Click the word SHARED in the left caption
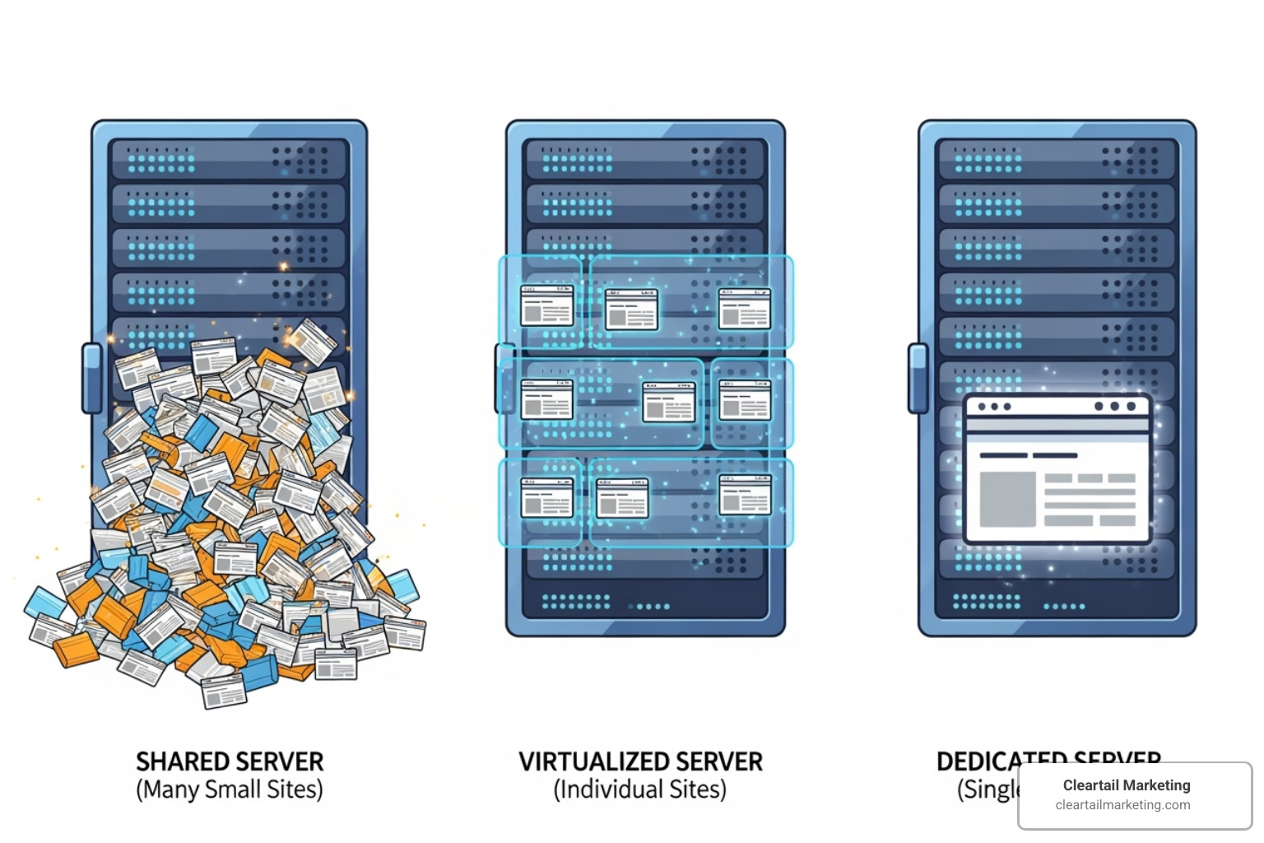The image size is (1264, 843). tap(182, 761)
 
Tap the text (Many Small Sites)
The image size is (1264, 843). tap(230, 789)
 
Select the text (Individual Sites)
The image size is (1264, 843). tap(640, 789)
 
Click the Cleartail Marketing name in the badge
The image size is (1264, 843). tap(1126, 785)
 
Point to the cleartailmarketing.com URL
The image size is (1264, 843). tap(1122, 805)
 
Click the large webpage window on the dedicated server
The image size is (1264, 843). tap(1057, 469)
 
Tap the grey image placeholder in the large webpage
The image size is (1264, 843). tap(1007, 499)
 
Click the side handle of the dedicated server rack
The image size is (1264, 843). tap(917, 378)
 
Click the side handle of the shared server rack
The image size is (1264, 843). tap(91, 378)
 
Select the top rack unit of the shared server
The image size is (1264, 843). tap(229, 159)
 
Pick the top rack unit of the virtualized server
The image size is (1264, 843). tap(645, 159)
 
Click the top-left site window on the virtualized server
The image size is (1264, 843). tap(547, 305)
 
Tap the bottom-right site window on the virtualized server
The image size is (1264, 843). tap(745, 495)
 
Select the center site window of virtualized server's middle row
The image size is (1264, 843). tap(668, 403)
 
